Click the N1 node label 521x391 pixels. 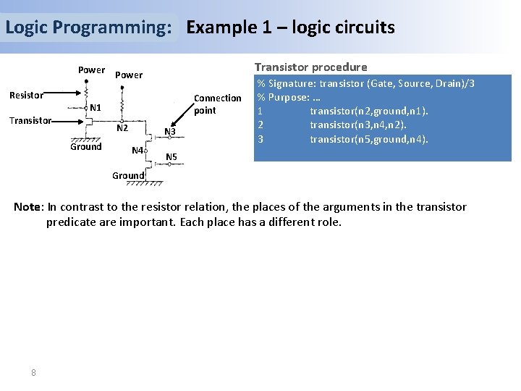(x=95, y=108)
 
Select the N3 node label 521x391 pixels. (x=170, y=132)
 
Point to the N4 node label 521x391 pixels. (x=137, y=150)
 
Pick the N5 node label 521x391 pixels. (x=171, y=157)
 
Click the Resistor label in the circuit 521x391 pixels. (x=26, y=95)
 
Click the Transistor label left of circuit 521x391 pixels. (x=30, y=120)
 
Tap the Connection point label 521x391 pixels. (x=217, y=104)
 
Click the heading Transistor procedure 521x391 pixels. (x=310, y=67)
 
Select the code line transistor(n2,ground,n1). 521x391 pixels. (x=368, y=111)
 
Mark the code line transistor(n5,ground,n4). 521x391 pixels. (x=369, y=138)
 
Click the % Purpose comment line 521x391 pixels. (x=294, y=97)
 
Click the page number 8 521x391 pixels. (x=33, y=372)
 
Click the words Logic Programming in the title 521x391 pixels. (x=88, y=28)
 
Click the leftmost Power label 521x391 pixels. (x=91, y=70)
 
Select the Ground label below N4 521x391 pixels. (x=128, y=175)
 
